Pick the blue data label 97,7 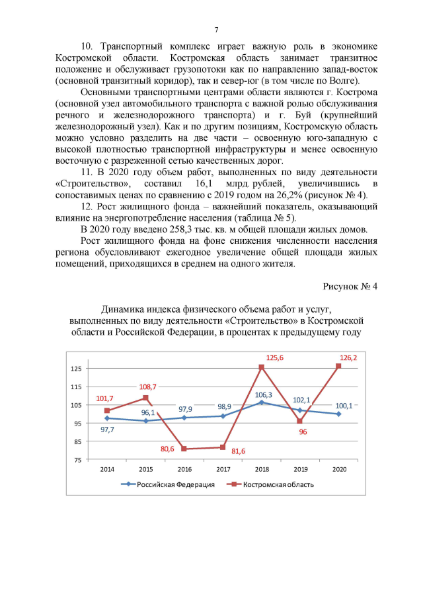tap(108, 429)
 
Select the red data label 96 tap(303, 431)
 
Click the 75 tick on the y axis tap(78, 459)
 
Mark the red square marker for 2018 tap(261, 367)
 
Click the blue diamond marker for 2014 tap(107, 418)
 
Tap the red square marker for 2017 tap(223, 447)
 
